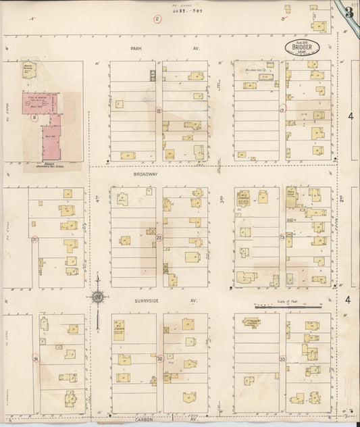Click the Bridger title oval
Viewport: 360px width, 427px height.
click(302, 48)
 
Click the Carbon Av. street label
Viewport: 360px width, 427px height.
click(162, 420)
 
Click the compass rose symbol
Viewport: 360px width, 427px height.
click(99, 296)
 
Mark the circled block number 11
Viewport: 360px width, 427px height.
click(33, 116)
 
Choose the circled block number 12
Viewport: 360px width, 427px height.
click(159, 109)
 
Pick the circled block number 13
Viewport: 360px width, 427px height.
click(282, 108)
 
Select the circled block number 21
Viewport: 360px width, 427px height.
click(34, 238)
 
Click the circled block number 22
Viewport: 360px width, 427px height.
click(159, 238)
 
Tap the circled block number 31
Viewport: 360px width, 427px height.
click(36, 359)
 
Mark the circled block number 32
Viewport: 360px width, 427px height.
click(160, 359)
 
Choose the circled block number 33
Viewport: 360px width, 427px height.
click(282, 359)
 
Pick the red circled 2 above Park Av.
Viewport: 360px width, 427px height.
click(157, 19)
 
